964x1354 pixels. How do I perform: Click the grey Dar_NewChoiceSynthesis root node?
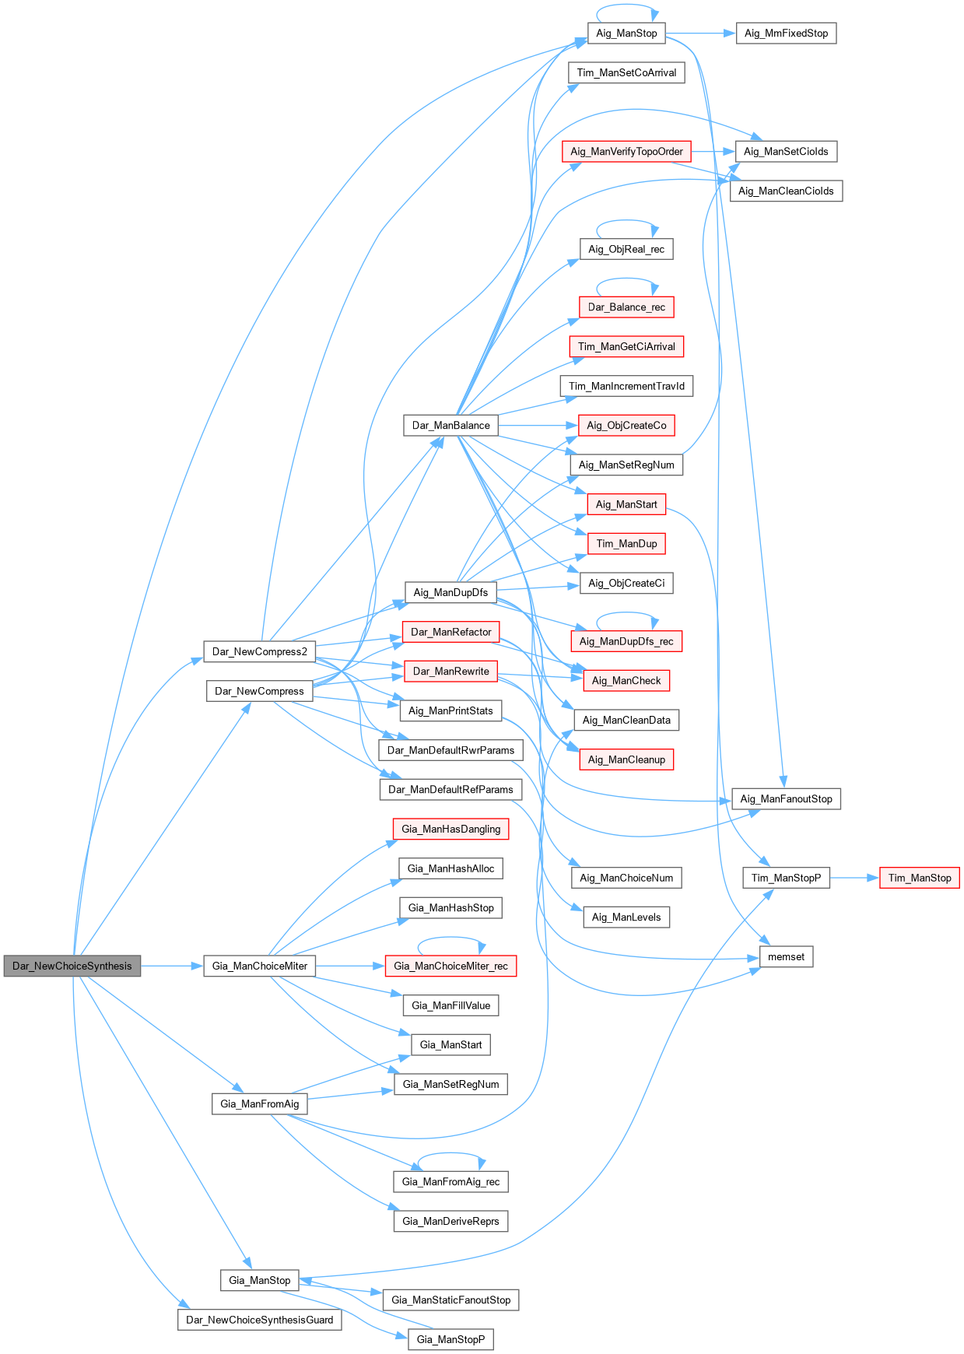pyautogui.click(x=72, y=966)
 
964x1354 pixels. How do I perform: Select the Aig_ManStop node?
pyautogui.click(x=626, y=33)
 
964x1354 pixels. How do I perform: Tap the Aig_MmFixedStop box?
pyautogui.click(x=786, y=33)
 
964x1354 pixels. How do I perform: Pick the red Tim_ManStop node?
pyautogui.click(x=919, y=878)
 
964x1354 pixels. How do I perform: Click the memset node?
pyautogui.click(x=786, y=957)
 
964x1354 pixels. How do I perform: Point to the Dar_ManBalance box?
pyautogui.click(x=450, y=426)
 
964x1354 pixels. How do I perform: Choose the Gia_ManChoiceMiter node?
pyautogui.click(x=260, y=966)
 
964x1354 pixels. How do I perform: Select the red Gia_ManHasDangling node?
pyautogui.click(x=450, y=829)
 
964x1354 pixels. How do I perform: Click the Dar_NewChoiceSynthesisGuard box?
pyautogui.click(x=259, y=1320)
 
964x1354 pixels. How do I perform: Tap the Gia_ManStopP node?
pyautogui.click(x=450, y=1339)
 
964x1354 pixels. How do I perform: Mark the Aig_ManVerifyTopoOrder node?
pyautogui.click(x=626, y=152)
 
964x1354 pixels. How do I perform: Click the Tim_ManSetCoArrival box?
pyautogui.click(x=626, y=73)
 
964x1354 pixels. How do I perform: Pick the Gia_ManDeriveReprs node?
pyautogui.click(x=450, y=1221)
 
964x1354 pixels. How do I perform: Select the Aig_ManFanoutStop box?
pyautogui.click(x=786, y=799)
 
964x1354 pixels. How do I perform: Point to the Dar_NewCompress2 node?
pyautogui.click(x=260, y=651)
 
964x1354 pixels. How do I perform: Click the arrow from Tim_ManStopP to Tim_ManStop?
pyautogui.click(x=854, y=878)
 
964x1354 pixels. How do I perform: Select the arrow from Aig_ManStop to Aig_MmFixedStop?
pyautogui.click(x=700, y=33)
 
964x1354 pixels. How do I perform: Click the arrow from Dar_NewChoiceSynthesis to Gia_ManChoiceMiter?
pyautogui.click(x=172, y=966)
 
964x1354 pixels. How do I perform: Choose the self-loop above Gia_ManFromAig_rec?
pyautogui.click(x=451, y=1154)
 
